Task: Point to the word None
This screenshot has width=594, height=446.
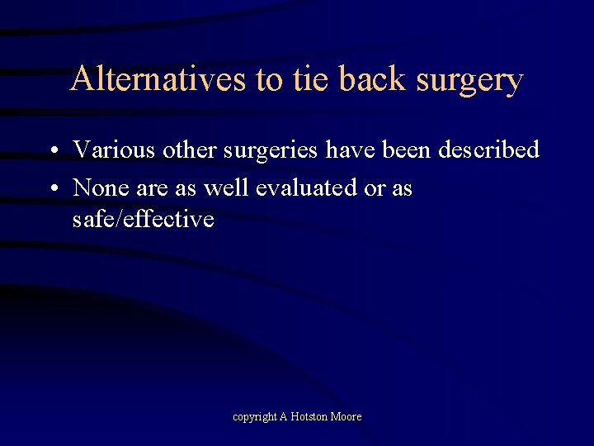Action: (x=100, y=187)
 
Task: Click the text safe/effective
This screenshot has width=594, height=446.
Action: (x=143, y=219)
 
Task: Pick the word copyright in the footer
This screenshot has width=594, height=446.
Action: (x=254, y=417)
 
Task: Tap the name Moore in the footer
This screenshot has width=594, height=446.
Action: (x=346, y=416)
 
